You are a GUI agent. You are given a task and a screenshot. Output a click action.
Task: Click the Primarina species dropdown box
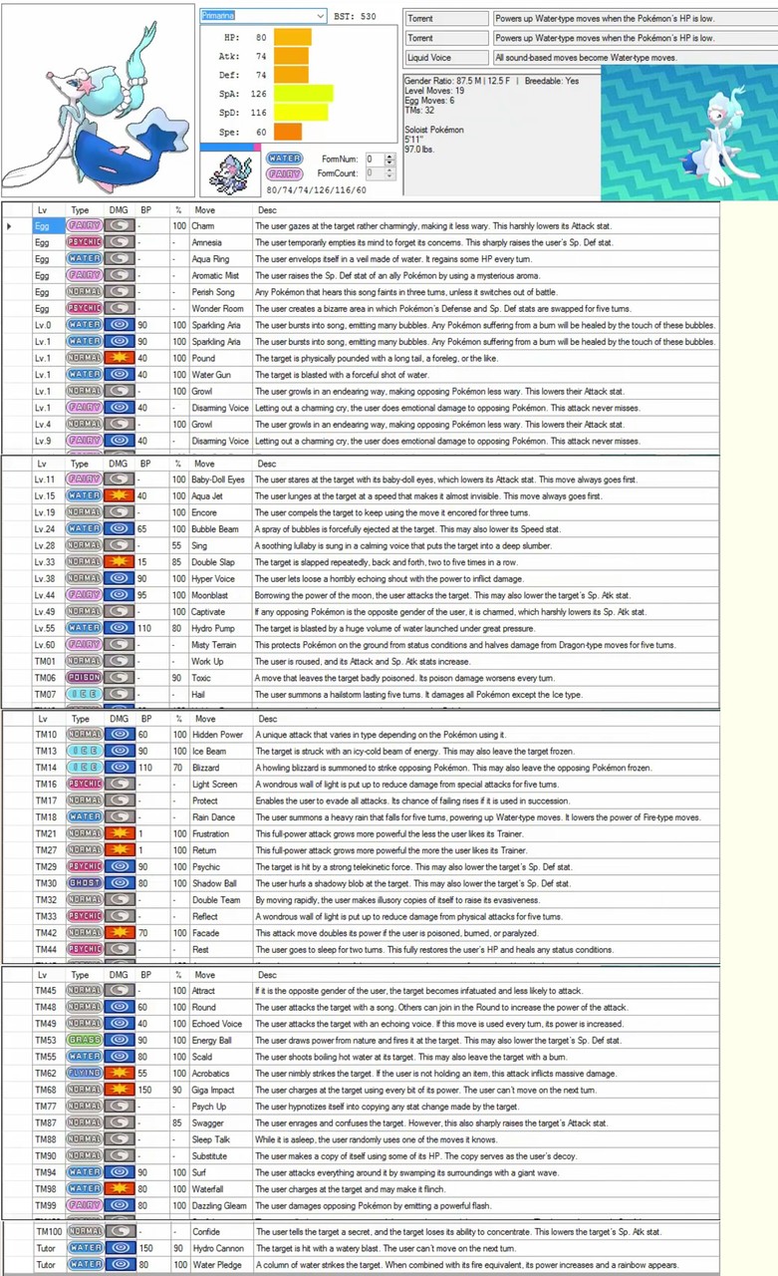coord(263,16)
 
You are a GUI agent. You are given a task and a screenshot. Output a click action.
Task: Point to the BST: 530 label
coord(355,16)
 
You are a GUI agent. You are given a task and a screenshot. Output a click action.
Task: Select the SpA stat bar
coord(303,94)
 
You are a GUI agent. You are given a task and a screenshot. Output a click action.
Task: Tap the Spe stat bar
coord(287,132)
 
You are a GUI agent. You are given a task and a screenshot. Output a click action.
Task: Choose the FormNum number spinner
coord(374,159)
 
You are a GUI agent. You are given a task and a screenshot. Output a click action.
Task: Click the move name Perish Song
coord(215,292)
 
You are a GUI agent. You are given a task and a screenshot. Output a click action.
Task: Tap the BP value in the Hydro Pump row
coord(145,628)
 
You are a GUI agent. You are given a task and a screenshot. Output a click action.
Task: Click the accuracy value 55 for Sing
coord(178,546)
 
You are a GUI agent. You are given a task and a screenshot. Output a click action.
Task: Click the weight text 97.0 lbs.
coord(420,150)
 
